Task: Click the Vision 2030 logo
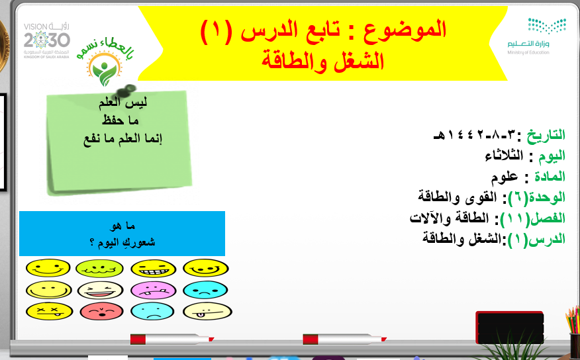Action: coord(46,40)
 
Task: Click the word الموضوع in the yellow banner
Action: coord(405,30)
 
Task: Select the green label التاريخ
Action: coord(546,135)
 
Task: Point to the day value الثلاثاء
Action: coord(504,156)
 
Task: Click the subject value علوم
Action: coord(504,177)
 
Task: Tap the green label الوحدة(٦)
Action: coord(537,197)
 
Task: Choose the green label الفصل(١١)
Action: coord(532,218)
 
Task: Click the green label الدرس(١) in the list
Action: coord(537,239)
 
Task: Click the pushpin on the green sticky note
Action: coord(126,91)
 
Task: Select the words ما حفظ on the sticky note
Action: coord(121,120)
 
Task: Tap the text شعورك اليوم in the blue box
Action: coord(122,242)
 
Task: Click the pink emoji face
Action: coord(153,290)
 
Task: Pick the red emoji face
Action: coord(101,311)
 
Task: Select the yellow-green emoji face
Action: coord(99,268)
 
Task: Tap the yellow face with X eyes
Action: coord(49,311)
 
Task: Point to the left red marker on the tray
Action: coord(172,339)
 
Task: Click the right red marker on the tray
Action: coord(345,339)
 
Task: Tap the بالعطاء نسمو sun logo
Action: coord(105,62)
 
